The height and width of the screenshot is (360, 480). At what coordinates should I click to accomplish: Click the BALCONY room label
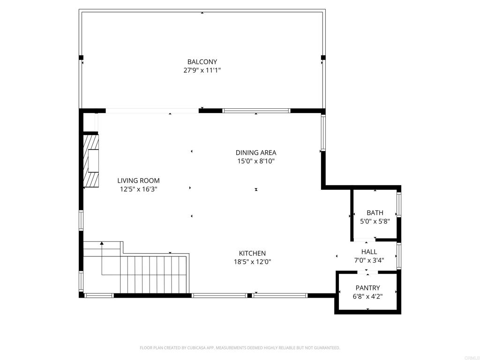click(x=202, y=62)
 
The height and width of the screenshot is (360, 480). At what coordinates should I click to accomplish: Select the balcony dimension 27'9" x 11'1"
click(x=202, y=70)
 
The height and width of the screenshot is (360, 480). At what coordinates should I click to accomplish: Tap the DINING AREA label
click(x=255, y=153)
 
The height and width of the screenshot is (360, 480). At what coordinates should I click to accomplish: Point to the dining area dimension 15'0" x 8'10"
click(x=255, y=161)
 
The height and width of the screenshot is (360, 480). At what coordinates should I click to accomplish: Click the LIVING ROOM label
click(x=138, y=181)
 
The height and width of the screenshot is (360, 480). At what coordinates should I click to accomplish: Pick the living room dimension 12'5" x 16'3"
click(x=138, y=189)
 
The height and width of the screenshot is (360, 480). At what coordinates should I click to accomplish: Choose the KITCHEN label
click(x=253, y=254)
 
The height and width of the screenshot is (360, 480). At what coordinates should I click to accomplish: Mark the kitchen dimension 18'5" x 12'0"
click(x=253, y=262)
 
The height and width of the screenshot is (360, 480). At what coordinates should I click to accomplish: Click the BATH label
click(x=375, y=213)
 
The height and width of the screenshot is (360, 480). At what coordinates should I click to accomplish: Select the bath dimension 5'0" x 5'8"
click(x=375, y=221)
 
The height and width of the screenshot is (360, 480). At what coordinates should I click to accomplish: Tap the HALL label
click(x=369, y=252)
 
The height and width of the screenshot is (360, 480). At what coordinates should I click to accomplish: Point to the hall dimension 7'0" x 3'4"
click(x=369, y=261)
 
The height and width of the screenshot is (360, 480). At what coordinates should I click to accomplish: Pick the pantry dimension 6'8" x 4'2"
click(x=368, y=297)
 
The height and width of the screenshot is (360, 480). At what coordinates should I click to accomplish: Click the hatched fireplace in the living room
click(x=91, y=161)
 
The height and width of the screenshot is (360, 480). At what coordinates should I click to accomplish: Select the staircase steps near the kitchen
click(x=155, y=274)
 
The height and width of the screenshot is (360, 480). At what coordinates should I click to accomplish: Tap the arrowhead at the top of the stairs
click(x=102, y=243)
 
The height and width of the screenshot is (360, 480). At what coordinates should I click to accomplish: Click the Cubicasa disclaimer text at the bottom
click(x=240, y=348)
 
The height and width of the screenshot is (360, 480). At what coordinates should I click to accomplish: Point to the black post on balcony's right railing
click(x=323, y=58)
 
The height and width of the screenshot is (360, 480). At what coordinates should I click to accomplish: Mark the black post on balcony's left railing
click(x=81, y=58)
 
